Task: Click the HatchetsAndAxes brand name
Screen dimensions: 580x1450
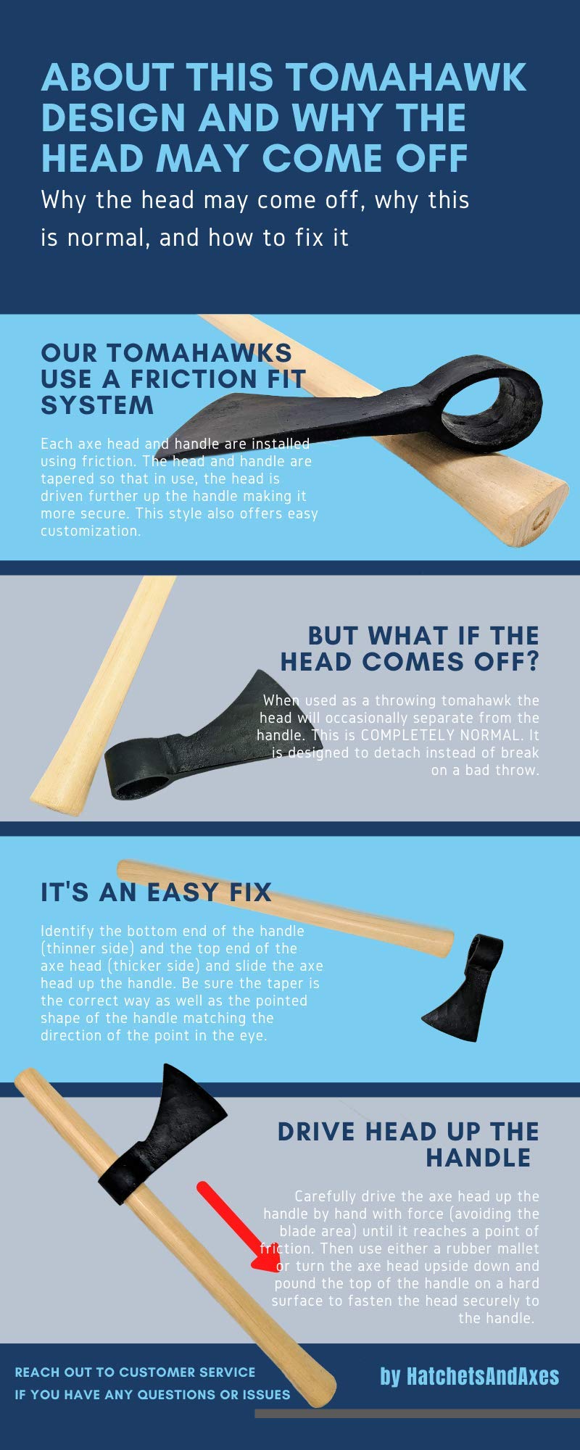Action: tap(470, 1377)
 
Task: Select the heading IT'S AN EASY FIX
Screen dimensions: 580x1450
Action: tap(156, 892)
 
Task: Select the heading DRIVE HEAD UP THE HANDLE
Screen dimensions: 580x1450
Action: tap(409, 1144)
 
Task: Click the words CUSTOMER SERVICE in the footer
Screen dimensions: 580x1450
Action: tap(187, 1372)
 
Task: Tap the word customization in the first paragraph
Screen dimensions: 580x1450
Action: tap(90, 531)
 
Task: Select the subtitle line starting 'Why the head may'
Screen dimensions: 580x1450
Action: tap(255, 200)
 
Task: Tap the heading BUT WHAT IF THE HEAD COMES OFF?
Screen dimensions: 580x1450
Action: tap(410, 648)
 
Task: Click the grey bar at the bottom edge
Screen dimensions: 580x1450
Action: tap(417, 1414)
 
